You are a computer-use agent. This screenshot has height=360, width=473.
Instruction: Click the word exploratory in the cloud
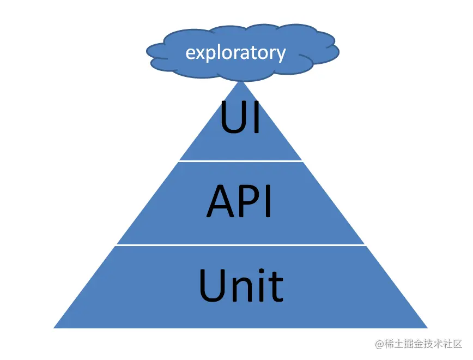tap(235, 53)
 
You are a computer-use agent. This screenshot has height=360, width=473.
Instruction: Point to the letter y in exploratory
tap(280, 55)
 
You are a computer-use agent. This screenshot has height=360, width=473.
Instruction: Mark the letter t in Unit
tap(276, 286)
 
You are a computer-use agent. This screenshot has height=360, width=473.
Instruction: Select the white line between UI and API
tap(240, 161)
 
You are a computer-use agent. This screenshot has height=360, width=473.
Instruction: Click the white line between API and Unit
tap(240, 245)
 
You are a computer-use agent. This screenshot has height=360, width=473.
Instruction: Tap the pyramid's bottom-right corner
tap(426, 327)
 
